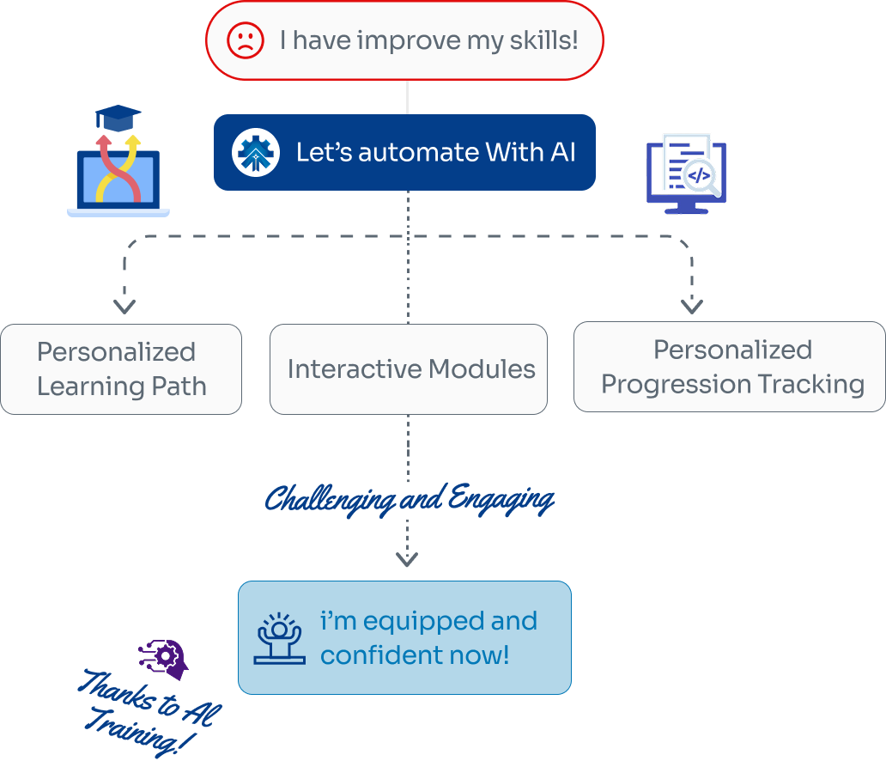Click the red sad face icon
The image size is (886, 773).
tap(245, 40)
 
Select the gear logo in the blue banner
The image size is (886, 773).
tap(255, 153)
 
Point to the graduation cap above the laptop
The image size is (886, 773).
tap(118, 118)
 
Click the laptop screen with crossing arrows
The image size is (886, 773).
tap(118, 179)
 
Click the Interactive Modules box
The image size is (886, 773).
tap(409, 369)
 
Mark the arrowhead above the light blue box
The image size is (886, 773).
tap(407, 559)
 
